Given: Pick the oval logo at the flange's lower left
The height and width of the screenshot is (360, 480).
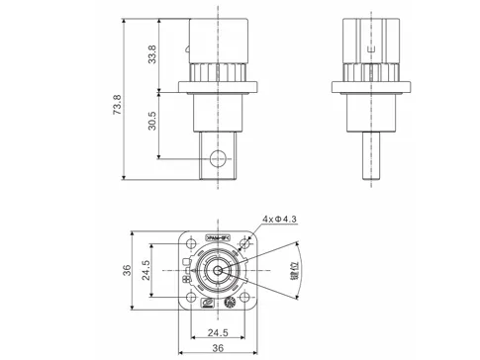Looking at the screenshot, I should click(204, 302).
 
